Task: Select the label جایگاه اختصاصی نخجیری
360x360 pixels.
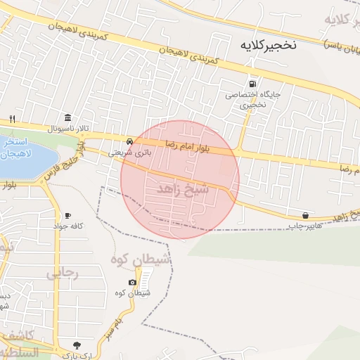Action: pos(243,99)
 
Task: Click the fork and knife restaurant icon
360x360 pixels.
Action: pos(12,119)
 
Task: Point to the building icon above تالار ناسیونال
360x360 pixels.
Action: pos(67,117)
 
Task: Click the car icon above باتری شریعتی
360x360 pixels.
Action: pos(129,141)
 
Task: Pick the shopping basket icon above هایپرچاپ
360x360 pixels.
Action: pos(305,215)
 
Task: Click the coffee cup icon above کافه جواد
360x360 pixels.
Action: pos(67,215)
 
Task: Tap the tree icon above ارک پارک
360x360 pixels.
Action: pos(77,345)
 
